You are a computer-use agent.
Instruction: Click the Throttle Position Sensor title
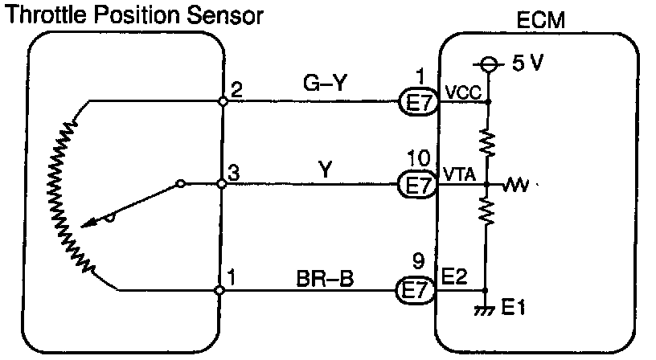pos(133,14)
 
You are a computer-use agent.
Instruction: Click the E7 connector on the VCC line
pos(417,102)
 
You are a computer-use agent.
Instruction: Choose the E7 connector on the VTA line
pos(417,186)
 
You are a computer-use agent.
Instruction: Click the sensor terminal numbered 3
pos(233,171)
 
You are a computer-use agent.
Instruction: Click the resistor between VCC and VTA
pos(487,144)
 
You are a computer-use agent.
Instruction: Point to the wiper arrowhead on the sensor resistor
pos(91,222)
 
